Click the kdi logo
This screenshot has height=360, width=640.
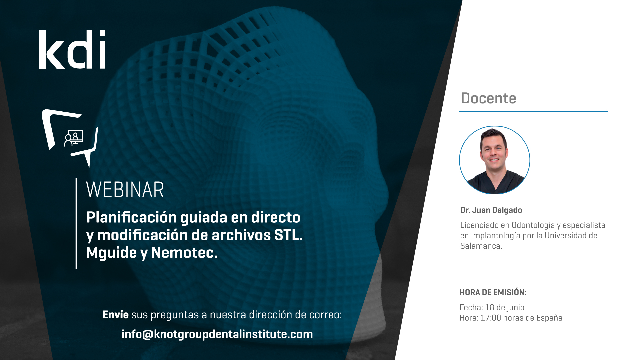72,50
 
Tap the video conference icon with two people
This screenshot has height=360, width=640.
74,138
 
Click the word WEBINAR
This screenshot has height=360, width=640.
125,190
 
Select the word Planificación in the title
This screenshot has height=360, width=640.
131,218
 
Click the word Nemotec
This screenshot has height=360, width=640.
184,253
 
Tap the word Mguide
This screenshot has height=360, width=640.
111,253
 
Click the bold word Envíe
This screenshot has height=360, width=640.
115,314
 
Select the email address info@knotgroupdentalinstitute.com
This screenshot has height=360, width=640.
217,334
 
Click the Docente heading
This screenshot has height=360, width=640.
488,98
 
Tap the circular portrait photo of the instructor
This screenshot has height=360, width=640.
495,160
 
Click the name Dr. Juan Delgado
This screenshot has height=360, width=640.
491,210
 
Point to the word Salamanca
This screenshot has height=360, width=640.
481,246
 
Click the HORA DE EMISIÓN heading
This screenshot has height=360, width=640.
493,292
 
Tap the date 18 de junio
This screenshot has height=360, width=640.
505,307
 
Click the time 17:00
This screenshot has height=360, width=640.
491,318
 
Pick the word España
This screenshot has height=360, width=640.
549,318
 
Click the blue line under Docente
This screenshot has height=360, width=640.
534,111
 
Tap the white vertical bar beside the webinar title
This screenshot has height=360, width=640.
77,223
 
